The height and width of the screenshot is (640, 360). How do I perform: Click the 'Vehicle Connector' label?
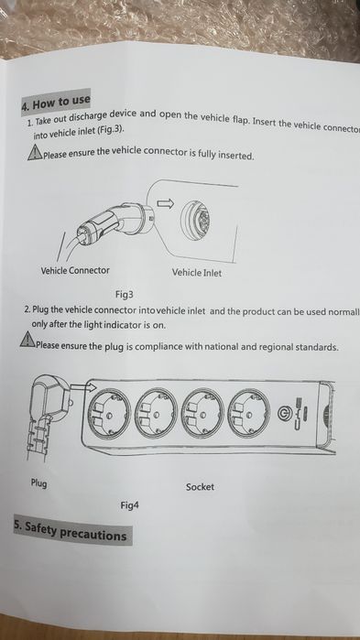(x=75, y=270)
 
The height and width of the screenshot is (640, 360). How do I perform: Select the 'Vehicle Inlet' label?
(x=196, y=273)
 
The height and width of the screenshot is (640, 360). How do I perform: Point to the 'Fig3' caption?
(x=125, y=295)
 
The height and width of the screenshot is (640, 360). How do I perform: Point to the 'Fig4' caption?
(x=129, y=504)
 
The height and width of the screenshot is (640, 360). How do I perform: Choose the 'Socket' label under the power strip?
(x=200, y=487)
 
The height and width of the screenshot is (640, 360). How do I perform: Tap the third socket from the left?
(x=203, y=417)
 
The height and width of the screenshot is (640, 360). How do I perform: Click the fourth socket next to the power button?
(x=248, y=416)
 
